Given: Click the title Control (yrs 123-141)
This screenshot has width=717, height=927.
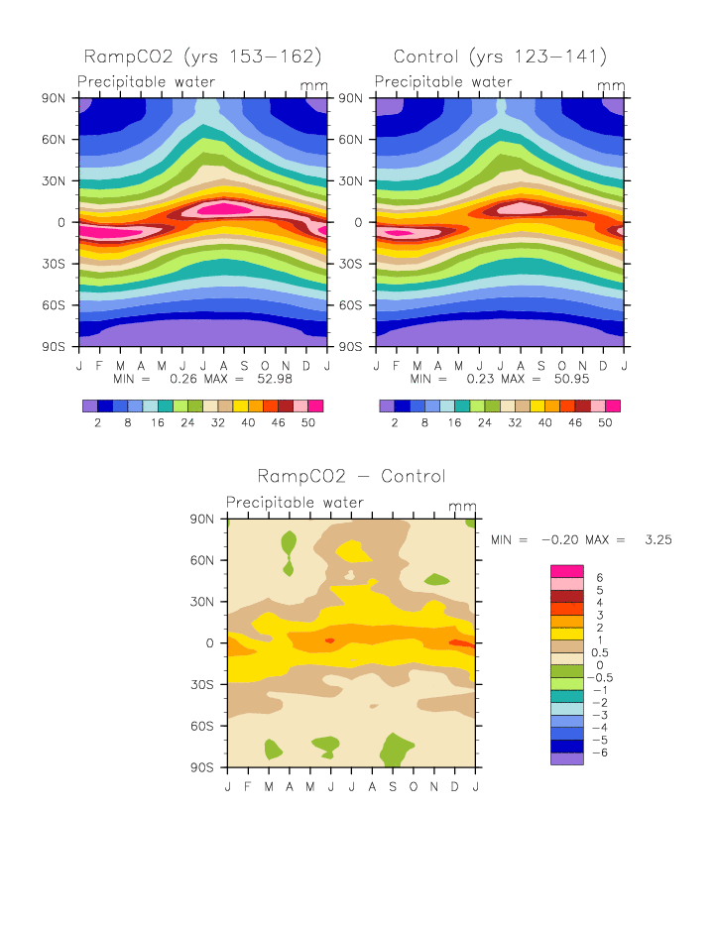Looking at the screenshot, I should [x=500, y=57].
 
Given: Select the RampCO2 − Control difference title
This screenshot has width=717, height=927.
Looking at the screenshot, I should [x=351, y=477].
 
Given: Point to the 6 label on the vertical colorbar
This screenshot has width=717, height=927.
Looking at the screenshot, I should [x=598, y=577].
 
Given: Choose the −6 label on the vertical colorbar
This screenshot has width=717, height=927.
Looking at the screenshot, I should [x=601, y=753].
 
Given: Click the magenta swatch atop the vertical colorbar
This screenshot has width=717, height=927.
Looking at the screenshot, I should [x=568, y=571].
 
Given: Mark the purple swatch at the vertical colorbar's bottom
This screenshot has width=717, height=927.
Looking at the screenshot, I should [x=568, y=758].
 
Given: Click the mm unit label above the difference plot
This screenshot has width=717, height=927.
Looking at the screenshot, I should [x=463, y=506].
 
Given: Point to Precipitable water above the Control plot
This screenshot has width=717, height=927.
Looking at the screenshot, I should [x=444, y=82].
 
